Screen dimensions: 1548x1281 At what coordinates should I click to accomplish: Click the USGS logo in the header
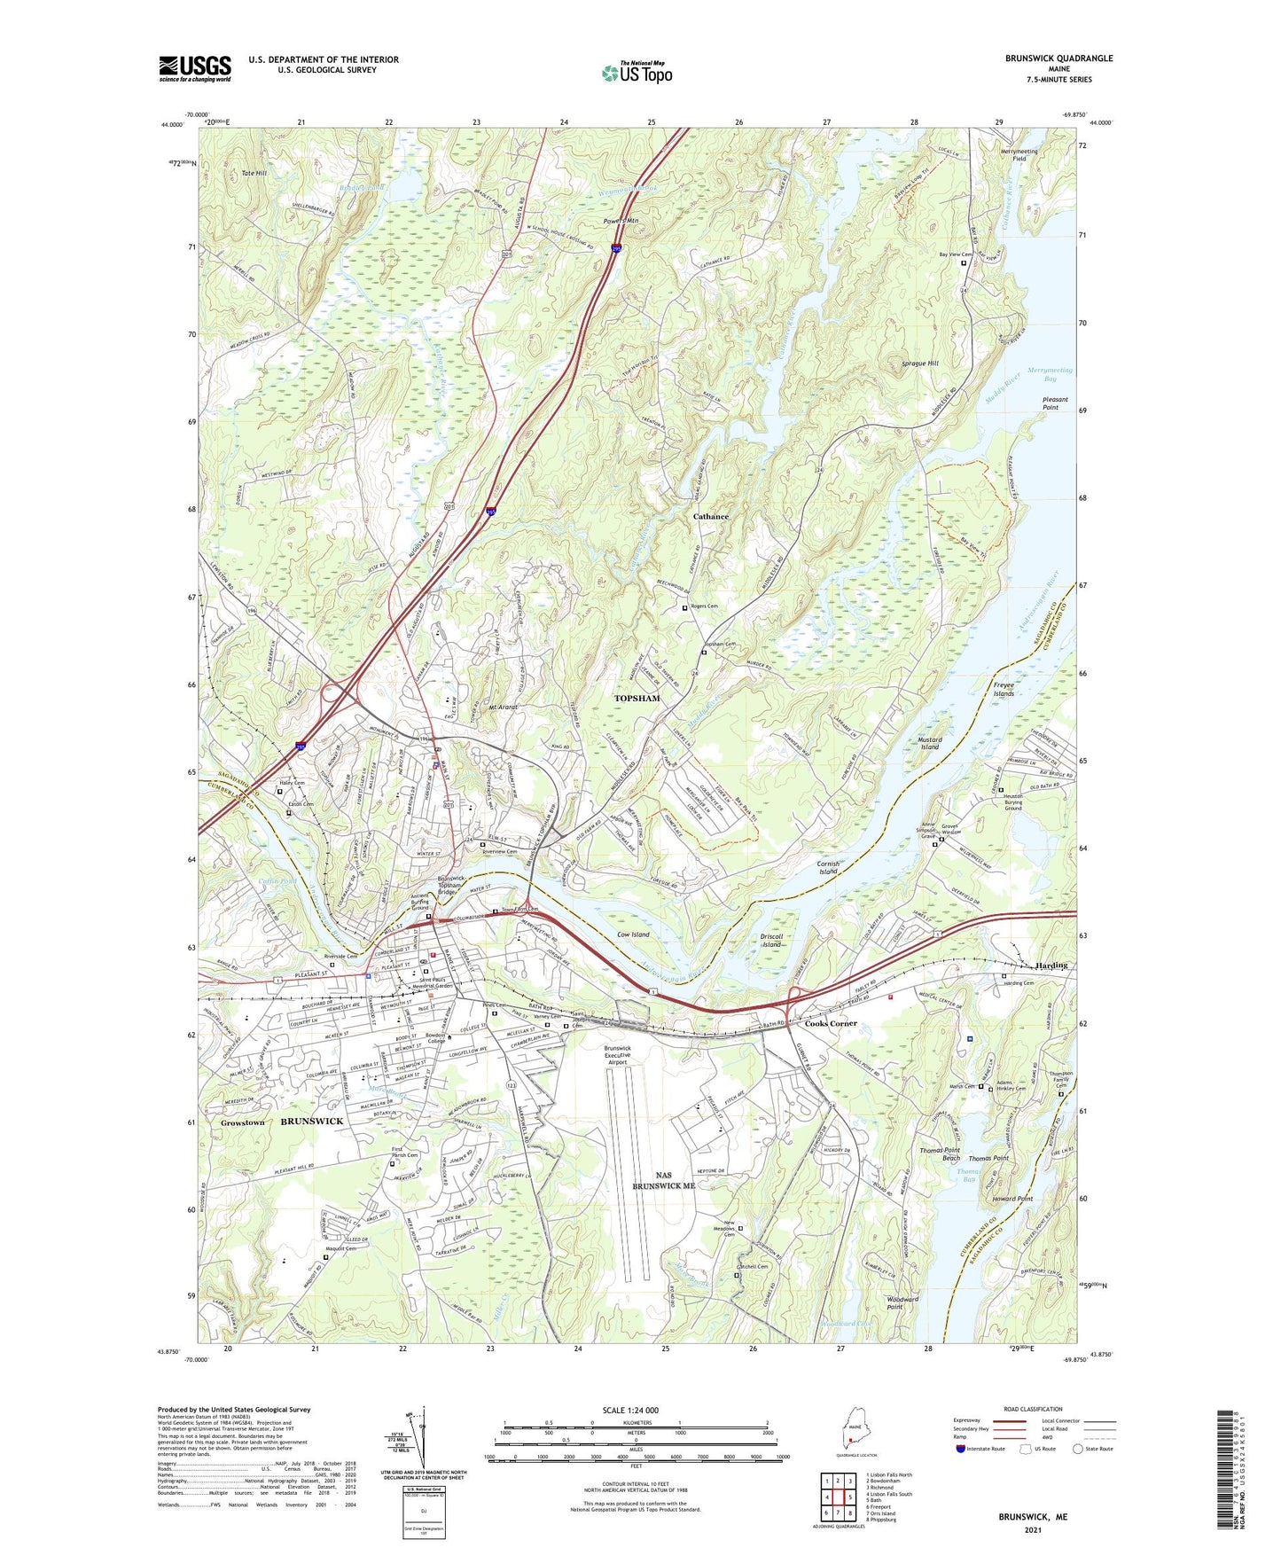tap(195, 68)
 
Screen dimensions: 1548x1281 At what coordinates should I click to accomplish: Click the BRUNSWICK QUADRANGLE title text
tap(1058, 59)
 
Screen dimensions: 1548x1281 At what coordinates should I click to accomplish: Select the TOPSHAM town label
tap(637, 699)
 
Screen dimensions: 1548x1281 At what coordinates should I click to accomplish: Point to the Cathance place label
tap(710, 516)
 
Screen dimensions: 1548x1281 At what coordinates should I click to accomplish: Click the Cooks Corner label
tap(831, 1023)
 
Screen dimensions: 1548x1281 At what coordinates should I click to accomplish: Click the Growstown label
tap(242, 1122)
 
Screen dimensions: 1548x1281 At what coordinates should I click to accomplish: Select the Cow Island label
tap(633, 934)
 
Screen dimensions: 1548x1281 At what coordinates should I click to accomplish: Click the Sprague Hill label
tap(919, 364)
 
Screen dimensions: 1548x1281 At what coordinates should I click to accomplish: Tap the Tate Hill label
tap(254, 173)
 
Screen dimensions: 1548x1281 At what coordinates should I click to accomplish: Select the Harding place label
tap(1051, 966)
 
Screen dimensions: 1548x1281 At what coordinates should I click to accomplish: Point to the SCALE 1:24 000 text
tap(635, 1411)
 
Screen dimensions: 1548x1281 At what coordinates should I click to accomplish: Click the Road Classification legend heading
tap(1033, 1409)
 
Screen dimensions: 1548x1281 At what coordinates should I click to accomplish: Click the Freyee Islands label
tap(1003, 690)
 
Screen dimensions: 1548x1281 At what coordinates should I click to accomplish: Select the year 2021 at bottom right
tap(1032, 1529)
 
